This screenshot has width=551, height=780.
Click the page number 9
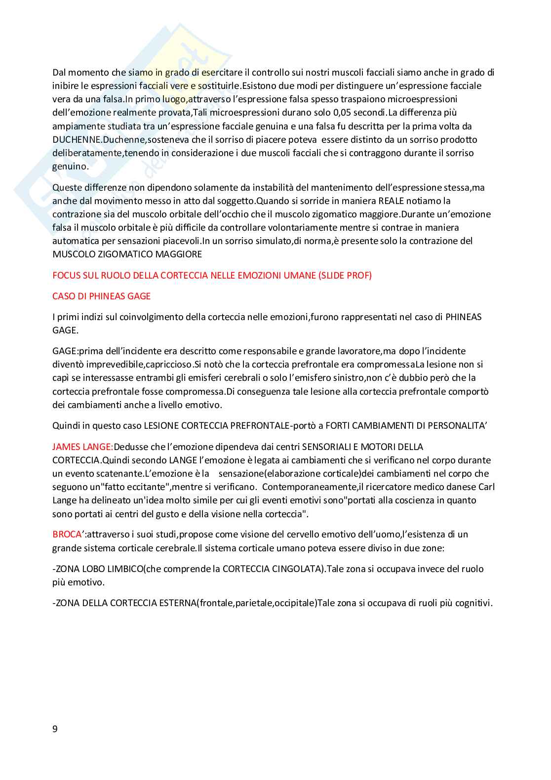point(55,729)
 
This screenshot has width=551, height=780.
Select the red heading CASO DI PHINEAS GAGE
point(101,296)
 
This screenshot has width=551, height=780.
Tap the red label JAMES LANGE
point(82,447)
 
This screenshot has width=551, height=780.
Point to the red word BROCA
point(67,534)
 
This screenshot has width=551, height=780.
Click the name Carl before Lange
point(486,487)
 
